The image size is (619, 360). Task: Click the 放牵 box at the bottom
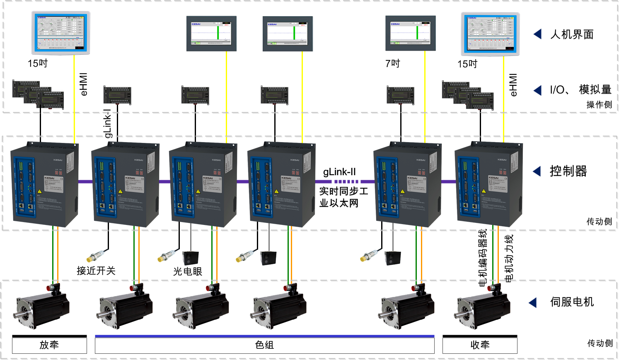point(49,345)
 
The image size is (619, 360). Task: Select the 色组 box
point(264,345)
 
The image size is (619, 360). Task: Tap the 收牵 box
point(480,345)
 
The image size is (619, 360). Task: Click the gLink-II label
point(339,172)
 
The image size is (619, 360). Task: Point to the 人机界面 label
point(572,34)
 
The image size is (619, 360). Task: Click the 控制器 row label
point(568,171)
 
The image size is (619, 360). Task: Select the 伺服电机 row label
point(572,302)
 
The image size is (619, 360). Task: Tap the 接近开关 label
point(96,271)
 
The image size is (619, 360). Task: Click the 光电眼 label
point(188,272)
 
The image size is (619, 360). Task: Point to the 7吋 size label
point(392,63)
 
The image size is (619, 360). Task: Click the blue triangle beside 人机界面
point(538,34)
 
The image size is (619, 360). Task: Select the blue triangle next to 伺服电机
point(533,303)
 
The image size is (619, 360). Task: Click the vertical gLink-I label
point(108,123)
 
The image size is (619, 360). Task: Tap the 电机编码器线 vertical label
point(483,258)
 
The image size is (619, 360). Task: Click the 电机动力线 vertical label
point(509,259)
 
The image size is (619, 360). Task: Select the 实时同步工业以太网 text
point(343,197)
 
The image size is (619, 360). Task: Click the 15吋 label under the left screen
point(38,63)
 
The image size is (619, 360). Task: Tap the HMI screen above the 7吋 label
point(410,33)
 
